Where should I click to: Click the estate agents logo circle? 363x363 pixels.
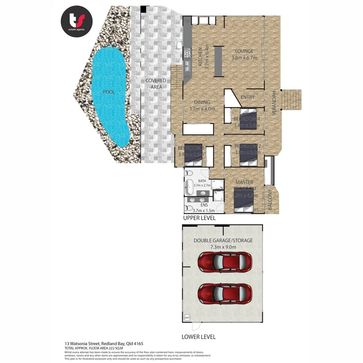[77, 21]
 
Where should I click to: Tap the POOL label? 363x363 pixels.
[109, 92]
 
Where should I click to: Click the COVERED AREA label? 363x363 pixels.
[156, 83]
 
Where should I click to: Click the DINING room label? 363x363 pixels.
[202, 102]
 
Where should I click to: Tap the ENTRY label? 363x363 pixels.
[248, 98]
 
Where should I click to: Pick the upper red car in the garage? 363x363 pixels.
[225, 262]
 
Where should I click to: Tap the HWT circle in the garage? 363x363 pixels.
[187, 318]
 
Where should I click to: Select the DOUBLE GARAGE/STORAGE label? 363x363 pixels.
[223, 240]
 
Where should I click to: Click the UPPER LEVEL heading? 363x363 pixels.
[199, 218]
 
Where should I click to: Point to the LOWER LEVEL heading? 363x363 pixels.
[198, 336]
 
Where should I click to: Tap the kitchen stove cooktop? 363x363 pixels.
[187, 52]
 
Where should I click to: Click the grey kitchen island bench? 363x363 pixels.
[218, 60]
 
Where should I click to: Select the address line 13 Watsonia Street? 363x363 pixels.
[104, 344]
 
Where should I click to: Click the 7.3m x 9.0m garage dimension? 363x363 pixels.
[223, 247]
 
